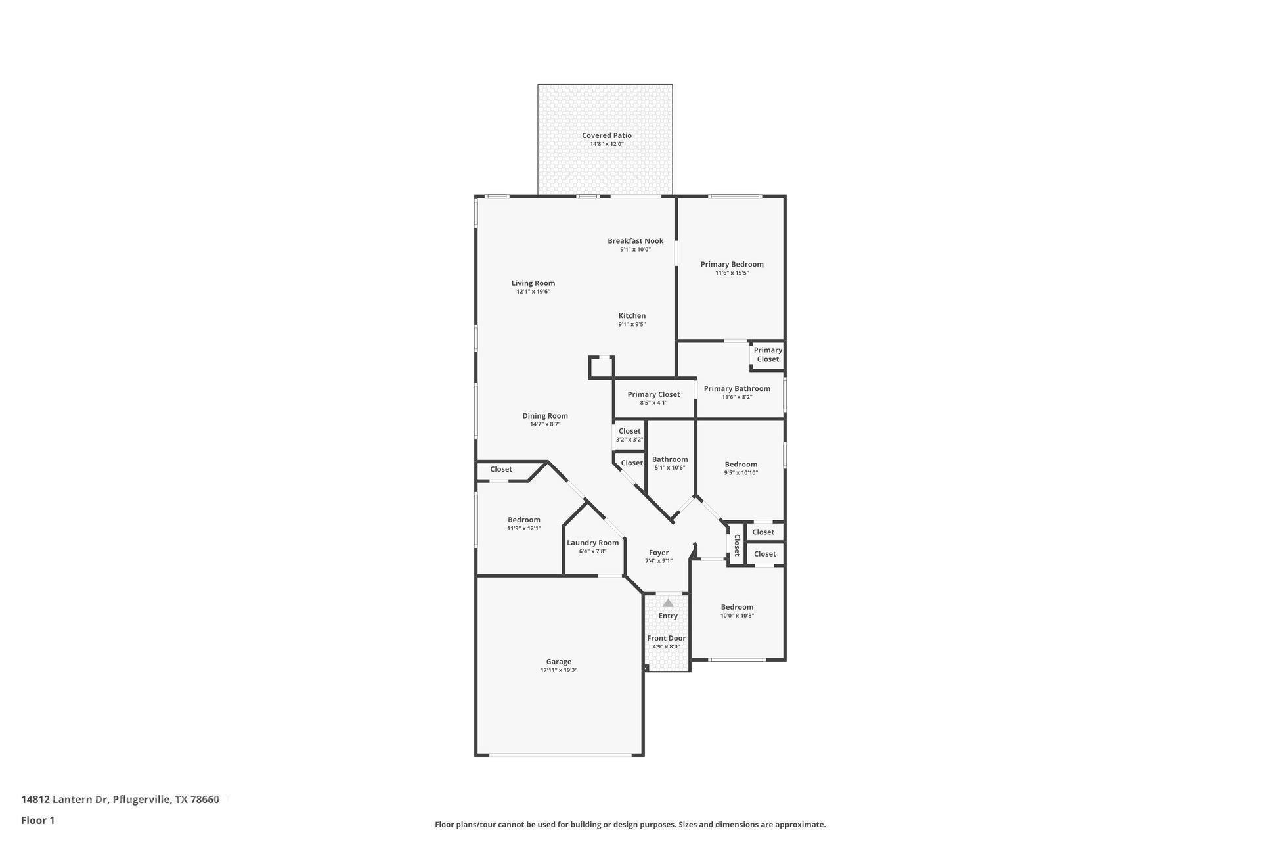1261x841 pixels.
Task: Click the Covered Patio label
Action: [606, 135]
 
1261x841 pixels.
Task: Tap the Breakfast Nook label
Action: [635, 241]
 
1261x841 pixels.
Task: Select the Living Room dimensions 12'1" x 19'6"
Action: [533, 292]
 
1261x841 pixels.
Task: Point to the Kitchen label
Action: [632, 316]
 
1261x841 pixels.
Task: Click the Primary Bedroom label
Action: [732, 265]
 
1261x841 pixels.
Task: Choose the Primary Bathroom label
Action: [737, 389]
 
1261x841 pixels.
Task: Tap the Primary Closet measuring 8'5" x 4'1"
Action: [653, 395]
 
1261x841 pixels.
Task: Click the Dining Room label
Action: [544, 416]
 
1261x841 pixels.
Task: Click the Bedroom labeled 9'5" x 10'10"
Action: [741, 465]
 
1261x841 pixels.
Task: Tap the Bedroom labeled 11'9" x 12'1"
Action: [523, 520]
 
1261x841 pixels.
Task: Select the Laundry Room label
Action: [592, 543]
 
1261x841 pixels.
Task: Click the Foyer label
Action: [659, 553]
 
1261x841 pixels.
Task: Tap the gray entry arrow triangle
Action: [668, 603]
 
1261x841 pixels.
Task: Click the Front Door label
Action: [666, 639]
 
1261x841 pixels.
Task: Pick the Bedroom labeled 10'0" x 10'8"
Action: [737, 608]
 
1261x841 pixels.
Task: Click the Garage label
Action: [558, 662]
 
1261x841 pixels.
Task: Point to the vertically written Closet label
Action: [737, 545]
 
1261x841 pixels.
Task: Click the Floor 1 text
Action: [37, 821]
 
